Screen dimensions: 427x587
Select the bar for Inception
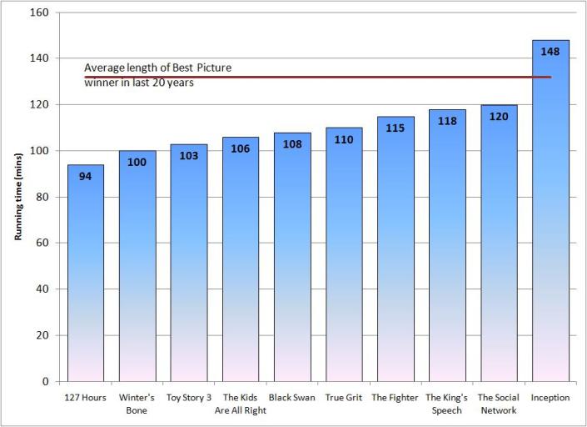click(550, 217)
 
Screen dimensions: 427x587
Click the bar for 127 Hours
click(85, 275)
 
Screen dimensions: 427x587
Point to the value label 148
click(550, 51)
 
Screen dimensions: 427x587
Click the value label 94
click(85, 176)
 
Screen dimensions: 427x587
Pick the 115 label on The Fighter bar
click(395, 128)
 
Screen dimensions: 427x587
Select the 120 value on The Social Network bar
click(499, 116)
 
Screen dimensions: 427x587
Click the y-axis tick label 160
click(37, 13)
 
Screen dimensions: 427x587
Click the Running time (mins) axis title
click(17, 197)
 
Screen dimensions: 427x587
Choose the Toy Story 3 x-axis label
click(188, 398)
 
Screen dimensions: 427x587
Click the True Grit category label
click(343, 398)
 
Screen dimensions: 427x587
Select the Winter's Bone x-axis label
click(137, 404)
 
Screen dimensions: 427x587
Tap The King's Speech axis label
click(446, 404)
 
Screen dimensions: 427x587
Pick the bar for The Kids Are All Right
click(240, 267)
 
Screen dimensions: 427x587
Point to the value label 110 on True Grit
click(343, 139)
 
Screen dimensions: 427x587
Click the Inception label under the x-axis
click(550, 398)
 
